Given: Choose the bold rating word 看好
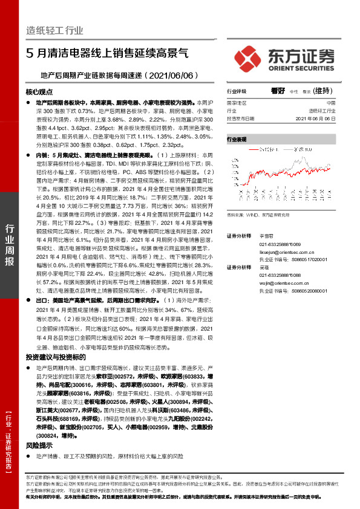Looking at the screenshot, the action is (278, 91).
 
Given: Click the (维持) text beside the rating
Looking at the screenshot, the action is (323, 91).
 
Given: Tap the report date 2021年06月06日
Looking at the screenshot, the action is (314, 118).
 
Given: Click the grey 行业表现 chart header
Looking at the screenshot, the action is (237, 139).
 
